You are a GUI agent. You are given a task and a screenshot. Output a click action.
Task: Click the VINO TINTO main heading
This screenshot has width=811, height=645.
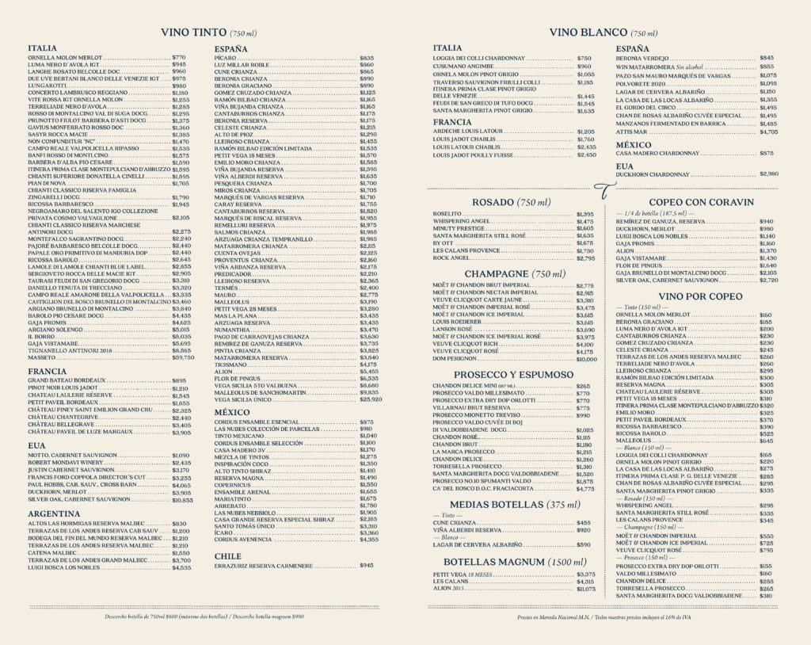[208, 33]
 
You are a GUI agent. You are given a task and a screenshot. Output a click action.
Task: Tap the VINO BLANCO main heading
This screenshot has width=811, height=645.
[603, 33]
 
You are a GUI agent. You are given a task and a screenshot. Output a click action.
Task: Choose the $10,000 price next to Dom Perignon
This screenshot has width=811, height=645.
[585, 359]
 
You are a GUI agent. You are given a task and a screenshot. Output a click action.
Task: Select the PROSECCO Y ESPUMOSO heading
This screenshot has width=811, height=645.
[513, 374]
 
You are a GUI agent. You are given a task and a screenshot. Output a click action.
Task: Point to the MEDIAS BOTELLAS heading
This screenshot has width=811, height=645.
[513, 505]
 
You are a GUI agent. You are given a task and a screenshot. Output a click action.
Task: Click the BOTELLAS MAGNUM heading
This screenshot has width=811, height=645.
[513, 562]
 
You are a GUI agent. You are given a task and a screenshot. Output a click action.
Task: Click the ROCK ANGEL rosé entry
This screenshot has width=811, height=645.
[452, 258]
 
